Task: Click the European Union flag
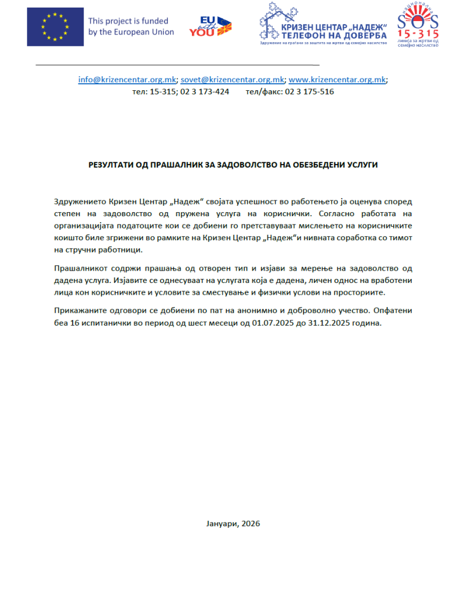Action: pyautogui.click(x=54, y=26)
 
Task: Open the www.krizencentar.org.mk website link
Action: pyautogui.click(x=338, y=80)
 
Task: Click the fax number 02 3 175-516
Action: pyautogui.click(x=310, y=91)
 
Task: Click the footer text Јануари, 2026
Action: pyautogui.click(x=233, y=523)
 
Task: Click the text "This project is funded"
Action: pyautogui.click(x=128, y=21)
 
